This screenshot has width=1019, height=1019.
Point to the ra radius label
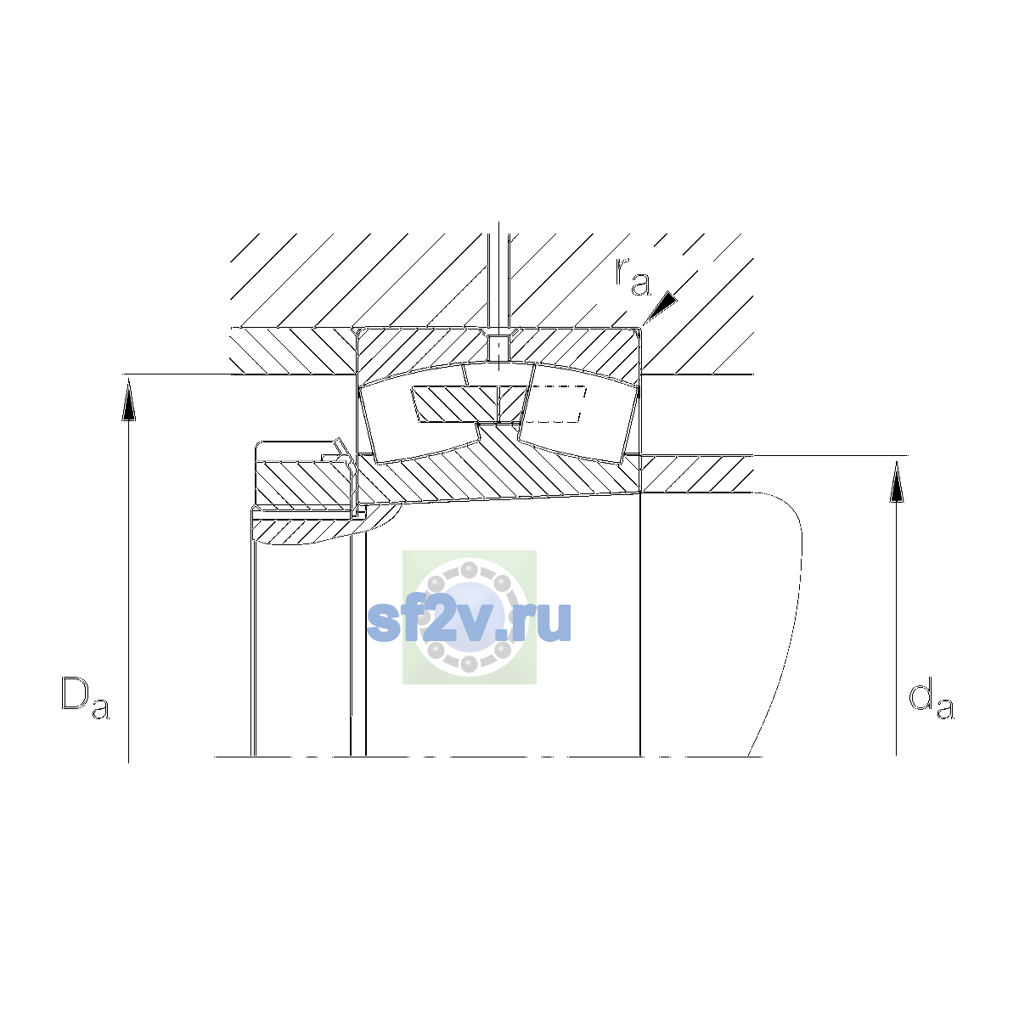pos(633,277)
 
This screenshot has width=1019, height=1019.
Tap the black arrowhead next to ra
pos(661,307)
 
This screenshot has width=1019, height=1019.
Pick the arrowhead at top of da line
pos(897,481)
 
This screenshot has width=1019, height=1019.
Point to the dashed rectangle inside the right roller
pos(555,404)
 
